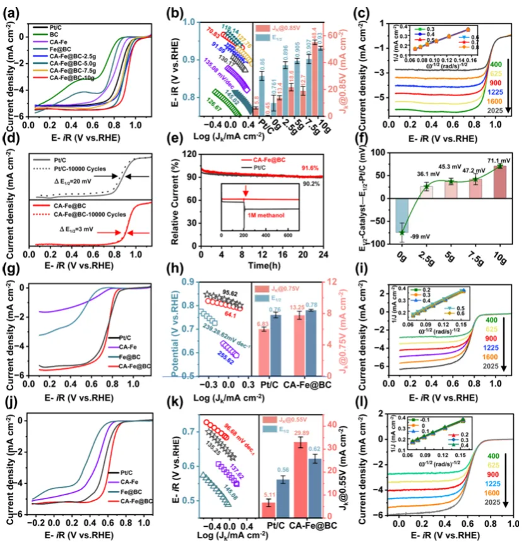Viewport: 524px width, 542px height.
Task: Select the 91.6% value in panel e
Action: pos(323,167)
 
